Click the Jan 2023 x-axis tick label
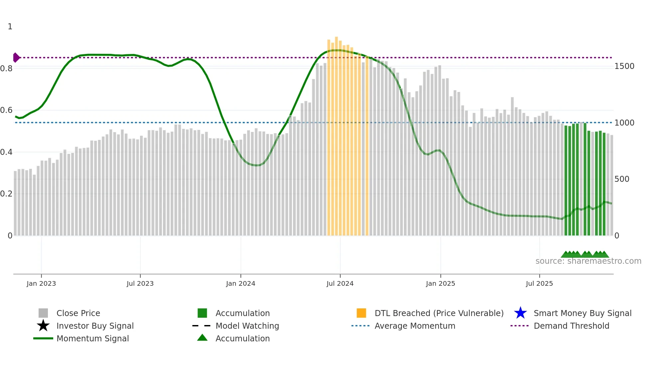click(41, 283)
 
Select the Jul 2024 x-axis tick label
click(340, 283)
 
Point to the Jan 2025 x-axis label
click(440, 283)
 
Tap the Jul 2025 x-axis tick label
click(539, 283)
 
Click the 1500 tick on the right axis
click(624, 66)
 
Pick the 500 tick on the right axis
click(622, 179)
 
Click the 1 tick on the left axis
click(10, 27)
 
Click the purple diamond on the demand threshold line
click(16, 58)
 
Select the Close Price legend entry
click(78, 313)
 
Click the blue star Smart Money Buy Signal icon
click(520, 313)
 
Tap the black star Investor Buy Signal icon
click(43, 326)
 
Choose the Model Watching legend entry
click(247, 326)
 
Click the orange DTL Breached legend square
click(361, 313)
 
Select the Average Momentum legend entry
click(415, 326)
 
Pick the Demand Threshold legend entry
click(571, 326)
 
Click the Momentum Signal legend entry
click(92, 338)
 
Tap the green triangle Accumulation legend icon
click(202, 338)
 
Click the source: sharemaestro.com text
click(588, 261)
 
